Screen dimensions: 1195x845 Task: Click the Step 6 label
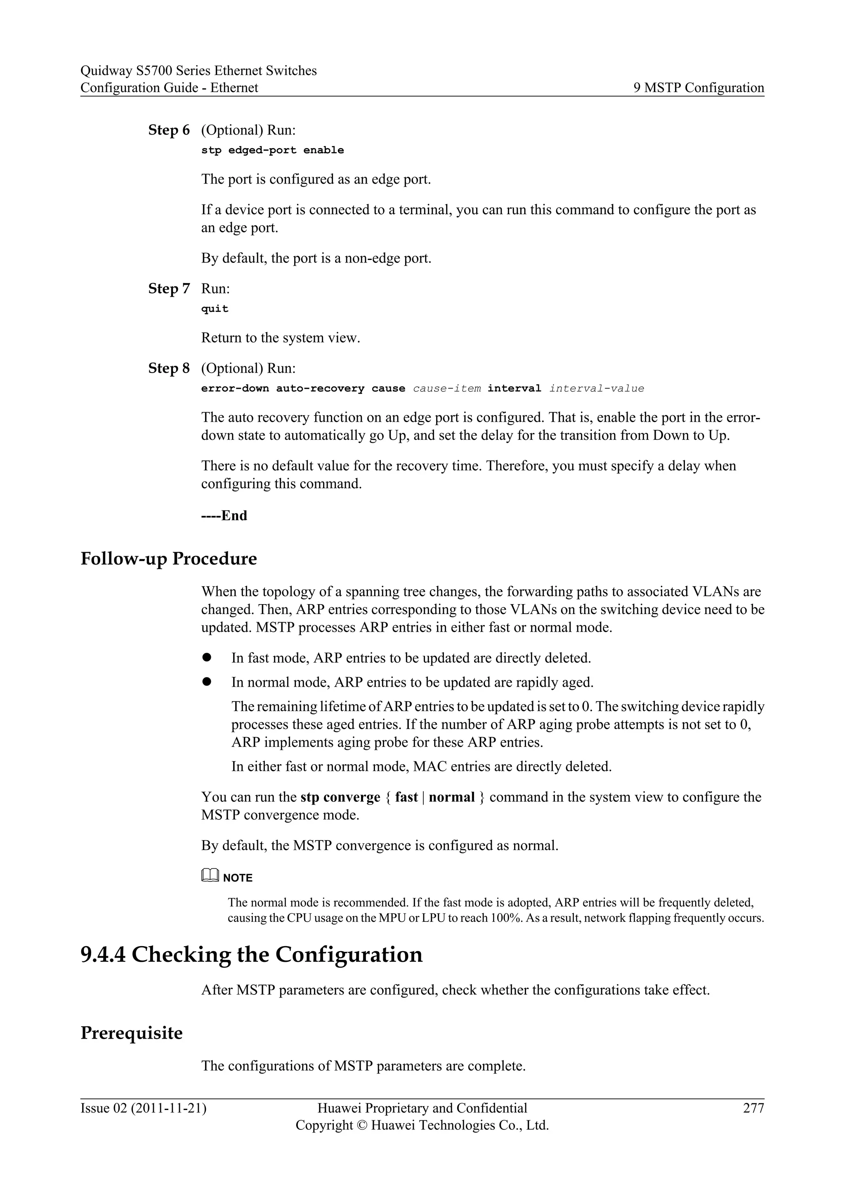[x=169, y=130]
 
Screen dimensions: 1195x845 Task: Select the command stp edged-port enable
[x=272, y=151]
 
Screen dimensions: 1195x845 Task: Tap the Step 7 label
[x=169, y=288]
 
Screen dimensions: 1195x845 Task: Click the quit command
[x=215, y=309]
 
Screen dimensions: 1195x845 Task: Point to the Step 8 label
[x=169, y=368]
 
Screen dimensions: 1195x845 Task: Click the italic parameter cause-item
[x=446, y=389]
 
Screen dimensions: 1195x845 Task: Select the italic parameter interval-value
[x=596, y=389]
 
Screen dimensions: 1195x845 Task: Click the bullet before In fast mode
[x=207, y=657]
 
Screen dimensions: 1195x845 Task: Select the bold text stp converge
[x=340, y=797]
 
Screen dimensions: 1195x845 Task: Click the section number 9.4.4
[x=103, y=954]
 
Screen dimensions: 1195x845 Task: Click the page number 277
[x=753, y=1108]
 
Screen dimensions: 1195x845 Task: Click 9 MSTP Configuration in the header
[x=698, y=87]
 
